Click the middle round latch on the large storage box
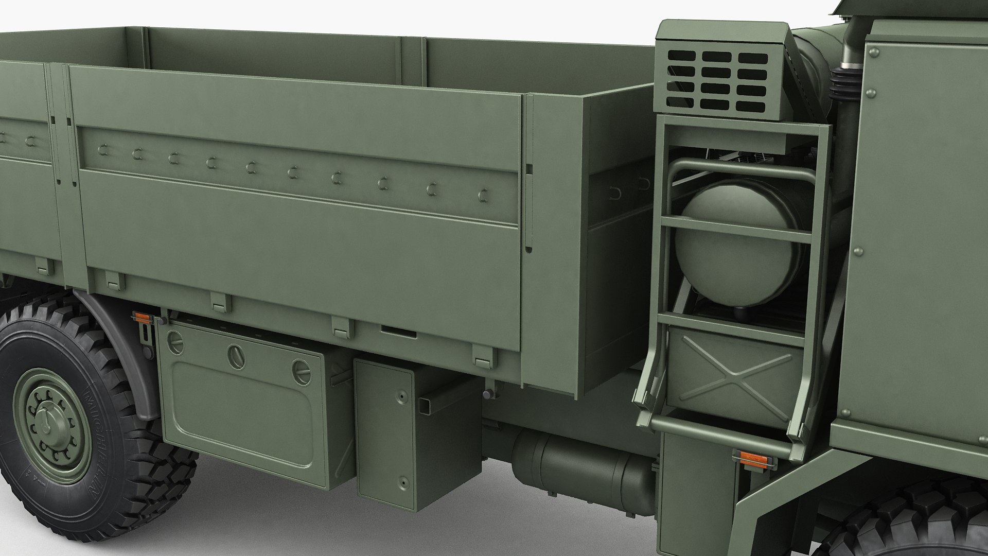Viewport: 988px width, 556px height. point(235,356)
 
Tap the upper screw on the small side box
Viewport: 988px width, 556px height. point(399,398)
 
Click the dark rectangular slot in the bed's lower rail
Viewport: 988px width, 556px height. point(398,331)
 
